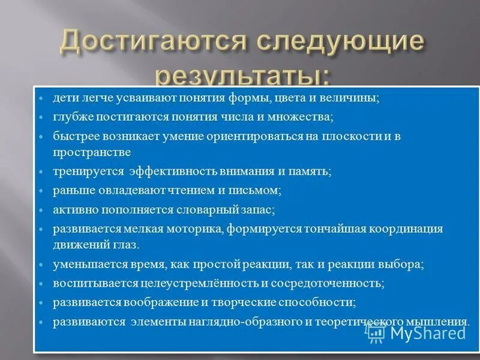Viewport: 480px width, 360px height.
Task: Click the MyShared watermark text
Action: (x=428, y=332)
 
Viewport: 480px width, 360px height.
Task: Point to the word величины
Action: (x=355, y=98)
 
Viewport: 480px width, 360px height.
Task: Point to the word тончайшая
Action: (x=329, y=229)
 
